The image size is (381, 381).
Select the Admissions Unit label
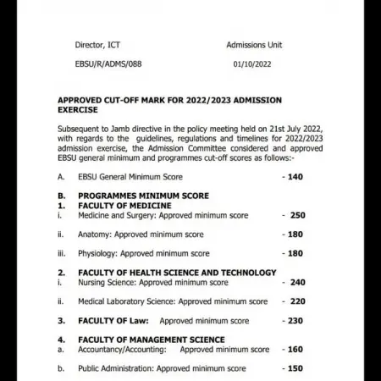click(254, 45)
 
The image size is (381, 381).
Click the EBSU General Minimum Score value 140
click(295, 177)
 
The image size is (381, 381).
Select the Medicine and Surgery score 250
click(296, 215)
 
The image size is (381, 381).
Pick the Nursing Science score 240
click(297, 283)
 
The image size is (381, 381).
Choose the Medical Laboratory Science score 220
click(297, 301)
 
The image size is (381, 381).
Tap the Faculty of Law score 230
click(295, 321)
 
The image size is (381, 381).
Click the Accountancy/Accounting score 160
click(295, 349)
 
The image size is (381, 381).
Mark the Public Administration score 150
click(295, 368)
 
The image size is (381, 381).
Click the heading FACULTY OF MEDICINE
click(124, 206)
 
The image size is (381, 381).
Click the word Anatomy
click(94, 235)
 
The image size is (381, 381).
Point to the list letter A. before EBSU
click(61, 177)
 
